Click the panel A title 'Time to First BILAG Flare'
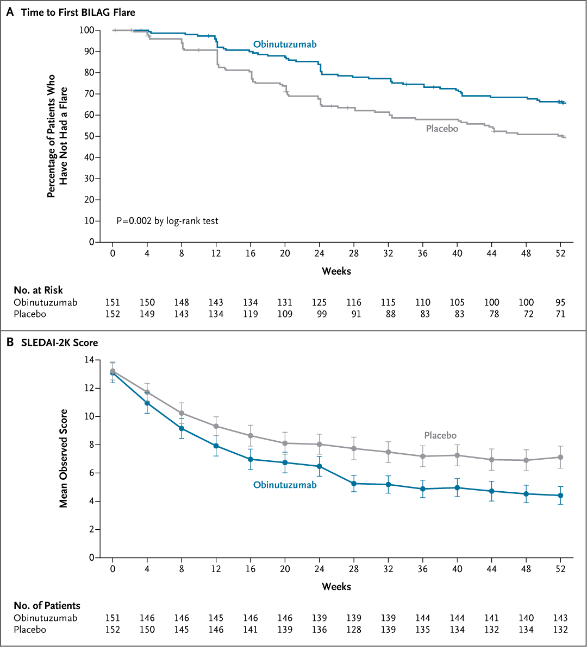(78, 12)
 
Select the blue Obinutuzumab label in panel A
(284, 45)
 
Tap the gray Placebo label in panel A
(441, 129)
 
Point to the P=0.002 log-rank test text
(167, 221)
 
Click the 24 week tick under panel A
(320, 253)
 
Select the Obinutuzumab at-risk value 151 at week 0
(113, 302)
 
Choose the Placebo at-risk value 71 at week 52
(560, 314)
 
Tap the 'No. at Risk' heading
(38, 290)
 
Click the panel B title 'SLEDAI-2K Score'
(59, 342)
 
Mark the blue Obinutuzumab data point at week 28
(354, 484)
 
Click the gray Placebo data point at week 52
(561, 457)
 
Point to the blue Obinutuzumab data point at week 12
(216, 446)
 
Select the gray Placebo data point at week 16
(251, 435)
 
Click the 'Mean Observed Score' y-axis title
(64, 459)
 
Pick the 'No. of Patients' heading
(47, 605)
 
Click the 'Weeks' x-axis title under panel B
(336, 586)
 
